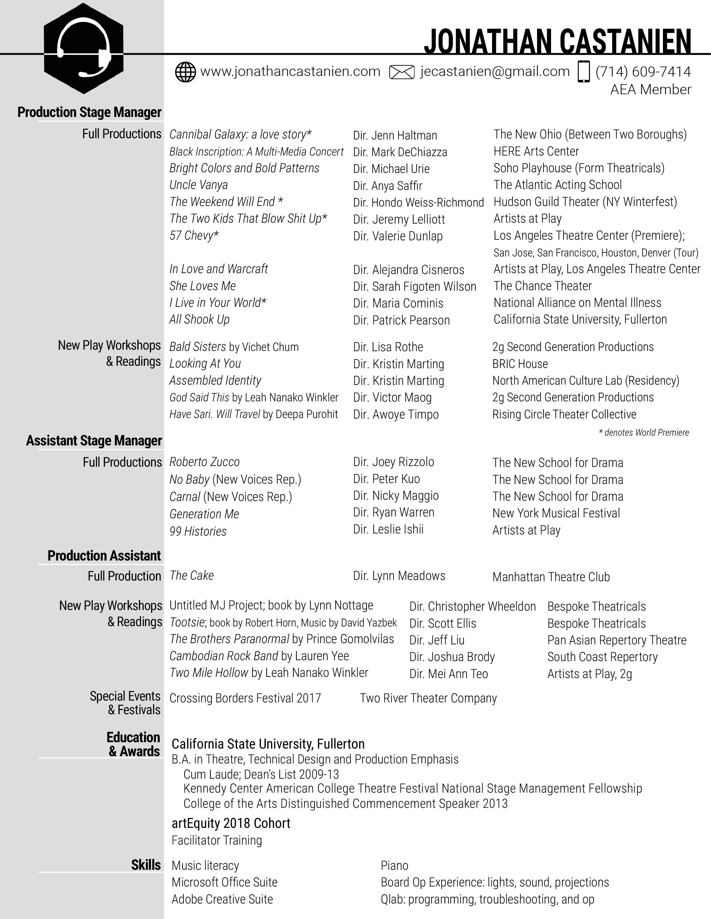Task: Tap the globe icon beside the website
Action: pyautogui.click(x=185, y=72)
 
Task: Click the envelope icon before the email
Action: pyautogui.click(x=401, y=72)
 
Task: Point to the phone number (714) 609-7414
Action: pyautogui.click(x=643, y=72)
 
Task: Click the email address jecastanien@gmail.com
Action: pyautogui.click(x=495, y=72)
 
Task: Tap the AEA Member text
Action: pyautogui.click(x=651, y=90)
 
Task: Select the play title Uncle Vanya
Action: pyautogui.click(x=198, y=185)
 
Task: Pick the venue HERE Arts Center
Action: pyautogui.click(x=536, y=152)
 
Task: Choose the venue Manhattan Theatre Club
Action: pyautogui.click(x=551, y=577)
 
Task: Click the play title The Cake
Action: pyautogui.click(x=192, y=576)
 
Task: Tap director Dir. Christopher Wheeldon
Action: pyautogui.click(x=473, y=606)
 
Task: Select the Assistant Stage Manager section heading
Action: pyautogui.click(x=94, y=441)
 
